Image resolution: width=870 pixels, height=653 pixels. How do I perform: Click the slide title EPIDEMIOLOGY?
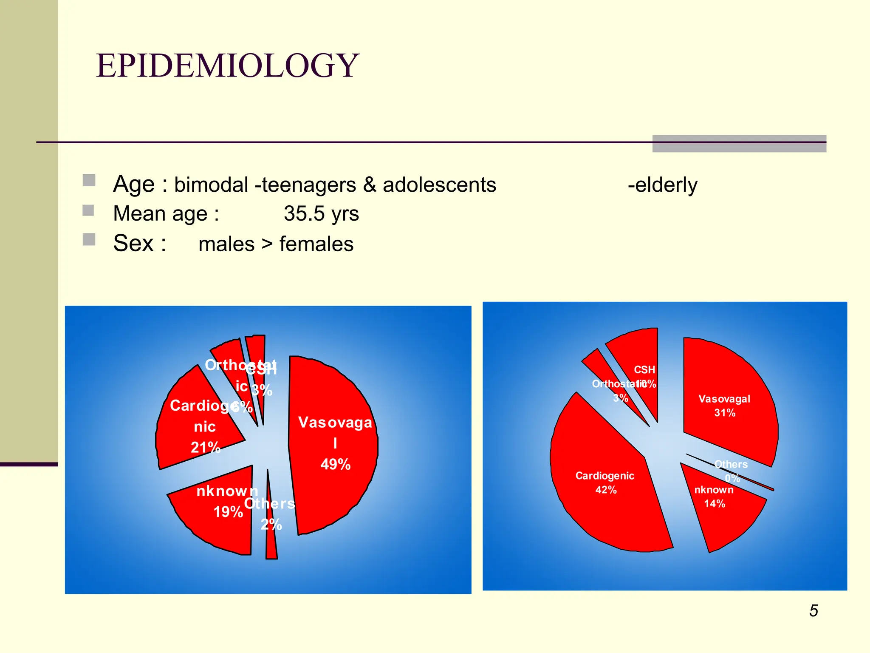click(x=228, y=66)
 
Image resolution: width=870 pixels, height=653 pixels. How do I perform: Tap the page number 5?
click(x=814, y=611)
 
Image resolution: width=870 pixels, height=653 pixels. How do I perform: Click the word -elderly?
click(x=663, y=185)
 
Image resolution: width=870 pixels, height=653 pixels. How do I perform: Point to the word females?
click(x=316, y=244)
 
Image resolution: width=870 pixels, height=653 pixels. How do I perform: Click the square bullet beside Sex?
click(x=89, y=239)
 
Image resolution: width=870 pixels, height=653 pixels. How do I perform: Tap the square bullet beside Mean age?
click(x=88, y=210)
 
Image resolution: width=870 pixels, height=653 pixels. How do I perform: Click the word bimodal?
click(x=211, y=185)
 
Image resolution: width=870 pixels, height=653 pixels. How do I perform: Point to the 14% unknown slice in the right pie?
click(x=722, y=523)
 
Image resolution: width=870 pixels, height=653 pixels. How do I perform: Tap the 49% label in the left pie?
click(x=335, y=464)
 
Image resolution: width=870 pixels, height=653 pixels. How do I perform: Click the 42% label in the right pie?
click(x=606, y=490)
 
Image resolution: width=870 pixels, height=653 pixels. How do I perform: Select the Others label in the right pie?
click(x=731, y=464)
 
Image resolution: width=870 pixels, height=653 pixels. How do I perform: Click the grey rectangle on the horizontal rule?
click(x=739, y=144)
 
